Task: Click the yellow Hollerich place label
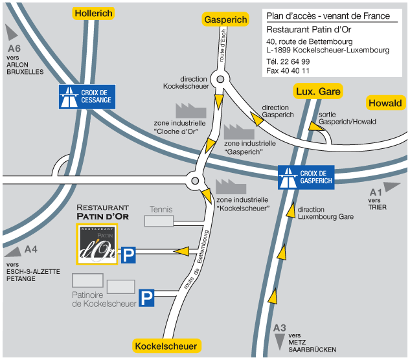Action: (x=94, y=13)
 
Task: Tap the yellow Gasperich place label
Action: (x=226, y=20)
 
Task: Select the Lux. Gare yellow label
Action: (x=318, y=91)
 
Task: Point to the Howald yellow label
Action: (x=385, y=103)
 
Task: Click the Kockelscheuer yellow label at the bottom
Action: (x=166, y=346)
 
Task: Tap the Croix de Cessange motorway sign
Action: (x=87, y=96)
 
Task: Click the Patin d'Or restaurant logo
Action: (x=97, y=244)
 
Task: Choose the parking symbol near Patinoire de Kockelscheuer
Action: (x=148, y=298)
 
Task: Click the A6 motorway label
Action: (x=14, y=49)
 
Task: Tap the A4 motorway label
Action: (x=31, y=249)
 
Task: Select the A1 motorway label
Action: (x=375, y=192)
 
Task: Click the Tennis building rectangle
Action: (x=159, y=221)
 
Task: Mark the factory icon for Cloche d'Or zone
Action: (x=190, y=109)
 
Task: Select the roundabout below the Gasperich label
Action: (x=220, y=80)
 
